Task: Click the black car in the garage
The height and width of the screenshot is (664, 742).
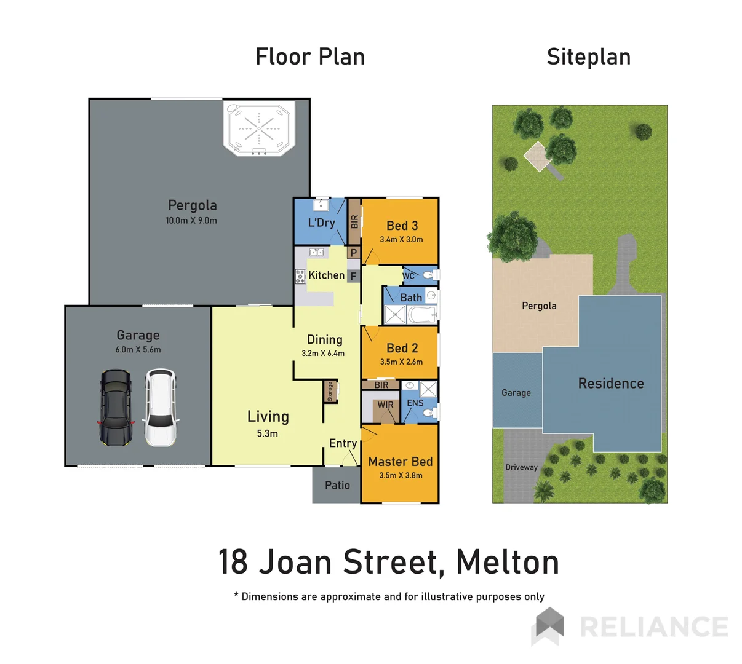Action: [115, 407]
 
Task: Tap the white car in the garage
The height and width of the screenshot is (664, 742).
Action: [161, 407]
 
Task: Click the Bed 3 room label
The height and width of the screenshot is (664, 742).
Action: [402, 226]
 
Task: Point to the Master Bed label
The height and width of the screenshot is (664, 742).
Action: [401, 462]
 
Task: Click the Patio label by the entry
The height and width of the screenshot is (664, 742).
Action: [337, 486]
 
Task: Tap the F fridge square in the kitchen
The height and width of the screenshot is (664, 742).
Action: [353, 276]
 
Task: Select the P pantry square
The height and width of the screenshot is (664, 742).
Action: [353, 253]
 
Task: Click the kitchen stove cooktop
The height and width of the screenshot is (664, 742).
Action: [300, 276]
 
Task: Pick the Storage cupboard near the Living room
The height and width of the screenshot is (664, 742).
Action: [330, 392]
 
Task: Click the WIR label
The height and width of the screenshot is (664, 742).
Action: [386, 405]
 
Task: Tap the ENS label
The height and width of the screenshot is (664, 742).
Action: [415, 403]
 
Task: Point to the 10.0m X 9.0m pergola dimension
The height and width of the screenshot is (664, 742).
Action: [191, 221]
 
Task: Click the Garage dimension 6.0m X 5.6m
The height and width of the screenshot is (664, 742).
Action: [138, 350]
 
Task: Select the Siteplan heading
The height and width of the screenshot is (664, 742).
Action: [588, 57]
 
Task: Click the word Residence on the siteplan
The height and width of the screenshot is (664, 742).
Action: [611, 384]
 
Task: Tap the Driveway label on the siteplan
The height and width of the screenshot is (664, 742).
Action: [521, 467]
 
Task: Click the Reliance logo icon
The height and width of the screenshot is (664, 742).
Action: [548, 626]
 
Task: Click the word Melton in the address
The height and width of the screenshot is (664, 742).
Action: [508, 562]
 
